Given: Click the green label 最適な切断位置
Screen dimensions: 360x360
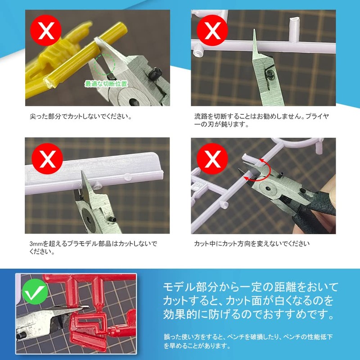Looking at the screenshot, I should [x=106, y=84].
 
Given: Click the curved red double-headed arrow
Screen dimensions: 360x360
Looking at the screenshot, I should [x=258, y=173].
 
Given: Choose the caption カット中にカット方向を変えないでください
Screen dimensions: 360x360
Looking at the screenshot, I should [x=252, y=244].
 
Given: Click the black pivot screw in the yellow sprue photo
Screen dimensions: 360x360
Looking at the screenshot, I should [x=156, y=72].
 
